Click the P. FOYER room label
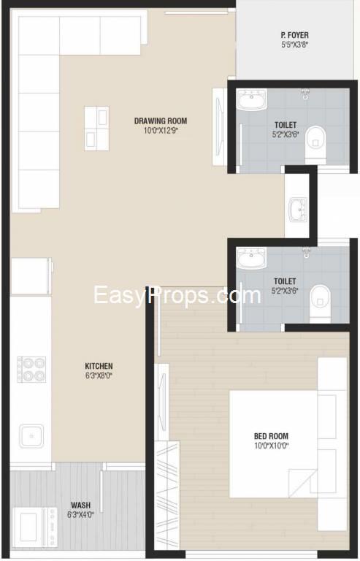tap(294, 35)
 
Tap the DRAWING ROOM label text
tap(161, 121)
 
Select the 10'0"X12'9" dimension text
tap(161, 131)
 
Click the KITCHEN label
tap(99, 366)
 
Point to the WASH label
tap(81, 505)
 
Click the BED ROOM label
tap(271, 436)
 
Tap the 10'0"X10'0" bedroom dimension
tap(271, 446)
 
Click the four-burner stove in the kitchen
tap(31, 369)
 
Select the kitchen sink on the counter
tap(31, 436)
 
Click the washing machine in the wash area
tap(34, 527)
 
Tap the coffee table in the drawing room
tap(96, 129)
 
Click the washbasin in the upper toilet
tap(252, 99)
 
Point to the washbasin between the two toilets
tap(298, 210)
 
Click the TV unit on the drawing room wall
tap(219, 127)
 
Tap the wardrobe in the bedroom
tap(167, 497)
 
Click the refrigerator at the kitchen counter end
tap(31, 276)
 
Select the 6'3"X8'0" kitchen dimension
tap(99, 375)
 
